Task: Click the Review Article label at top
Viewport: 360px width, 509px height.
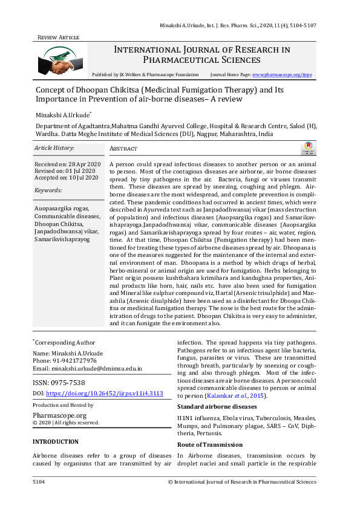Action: pyautogui.click(x=59, y=37)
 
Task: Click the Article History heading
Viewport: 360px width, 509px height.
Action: pyautogui.click(x=54, y=148)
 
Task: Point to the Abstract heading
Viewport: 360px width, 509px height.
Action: pyautogui.click(x=123, y=149)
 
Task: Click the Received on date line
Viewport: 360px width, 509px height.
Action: pyautogui.click(x=67, y=164)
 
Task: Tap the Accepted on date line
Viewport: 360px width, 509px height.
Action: pyautogui.click(x=66, y=178)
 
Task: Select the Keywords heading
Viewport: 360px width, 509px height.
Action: pyautogui.click(x=48, y=190)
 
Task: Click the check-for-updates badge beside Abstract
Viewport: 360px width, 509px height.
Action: pyautogui.click(x=309, y=148)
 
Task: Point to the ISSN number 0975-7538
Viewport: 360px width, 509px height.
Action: pyautogui.click(x=59, y=383)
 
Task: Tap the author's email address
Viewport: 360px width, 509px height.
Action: pyautogui.click(x=96, y=368)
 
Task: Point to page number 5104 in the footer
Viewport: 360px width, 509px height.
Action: pyautogui.click(x=39, y=482)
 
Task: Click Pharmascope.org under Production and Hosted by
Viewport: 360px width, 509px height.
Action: pyautogui.click(x=59, y=415)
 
